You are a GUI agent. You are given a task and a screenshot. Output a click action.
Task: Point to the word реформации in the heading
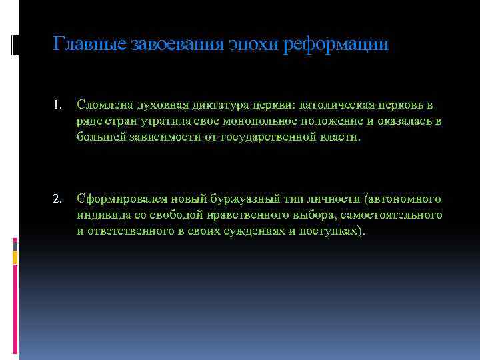click(336, 45)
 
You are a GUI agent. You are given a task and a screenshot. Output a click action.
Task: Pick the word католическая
click(337, 105)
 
